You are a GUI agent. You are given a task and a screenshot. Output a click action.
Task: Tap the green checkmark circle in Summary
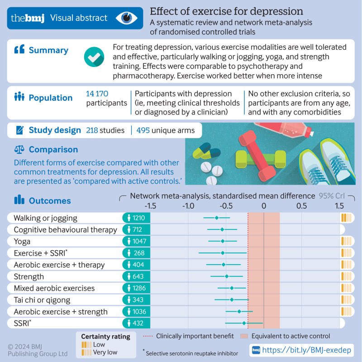tap(94, 57)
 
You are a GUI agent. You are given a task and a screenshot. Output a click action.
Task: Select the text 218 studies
tap(105, 130)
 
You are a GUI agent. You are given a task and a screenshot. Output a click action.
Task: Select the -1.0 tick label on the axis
tap(188, 206)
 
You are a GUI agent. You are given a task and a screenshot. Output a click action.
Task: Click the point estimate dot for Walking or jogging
tap(216, 218)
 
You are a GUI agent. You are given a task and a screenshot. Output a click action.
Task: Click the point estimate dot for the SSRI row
tap(244, 323)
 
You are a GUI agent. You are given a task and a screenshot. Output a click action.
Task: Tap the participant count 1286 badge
tap(136, 288)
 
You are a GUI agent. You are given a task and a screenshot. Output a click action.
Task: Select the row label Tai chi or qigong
tap(42, 300)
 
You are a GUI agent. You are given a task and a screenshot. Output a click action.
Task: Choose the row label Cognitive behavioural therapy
tap(65, 230)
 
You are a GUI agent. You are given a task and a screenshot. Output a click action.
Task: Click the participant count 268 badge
tap(136, 253)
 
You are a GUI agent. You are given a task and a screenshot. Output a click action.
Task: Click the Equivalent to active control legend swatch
tap(243, 336)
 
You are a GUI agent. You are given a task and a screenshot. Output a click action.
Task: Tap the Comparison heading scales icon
tap(19, 150)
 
